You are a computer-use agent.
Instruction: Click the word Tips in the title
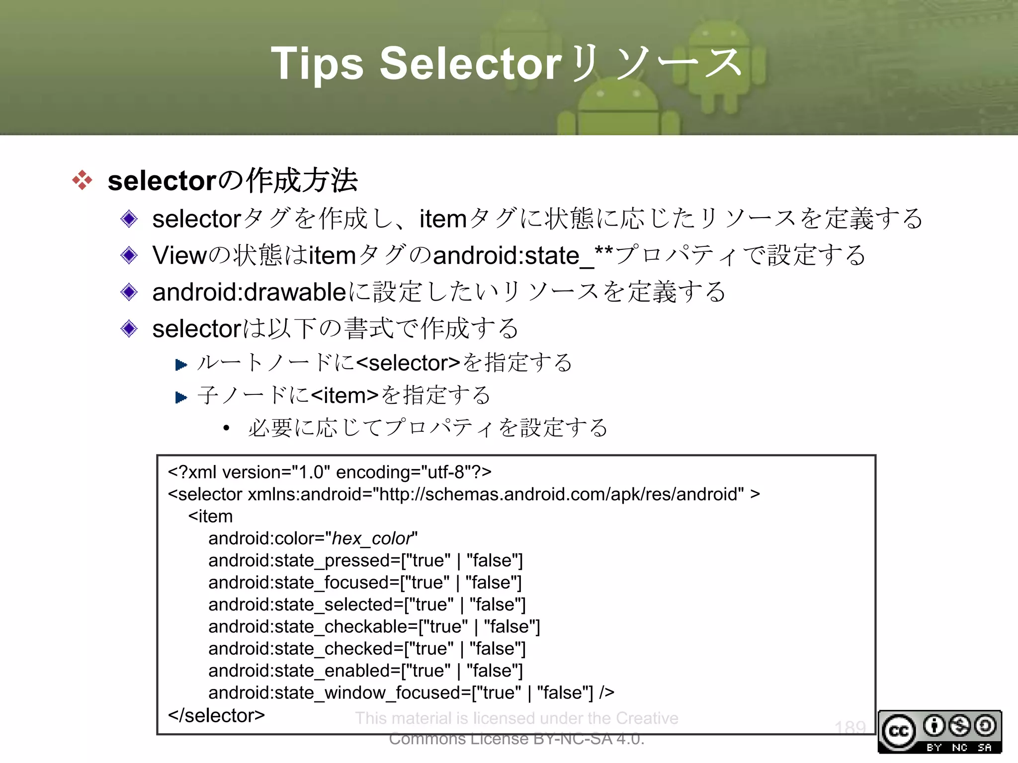(x=317, y=64)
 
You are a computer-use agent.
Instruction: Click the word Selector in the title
(x=470, y=64)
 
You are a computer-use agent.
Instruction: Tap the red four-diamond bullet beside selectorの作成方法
(x=83, y=180)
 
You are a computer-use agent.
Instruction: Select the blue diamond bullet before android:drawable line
(x=129, y=292)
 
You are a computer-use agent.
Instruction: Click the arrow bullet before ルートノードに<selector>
(x=181, y=365)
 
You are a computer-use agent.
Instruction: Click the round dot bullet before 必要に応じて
(x=227, y=428)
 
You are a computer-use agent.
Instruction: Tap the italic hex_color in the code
(x=372, y=538)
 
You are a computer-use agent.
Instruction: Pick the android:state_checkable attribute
(x=312, y=627)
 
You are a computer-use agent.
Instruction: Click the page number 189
(x=850, y=728)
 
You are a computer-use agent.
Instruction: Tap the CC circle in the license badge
(x=899, y=731)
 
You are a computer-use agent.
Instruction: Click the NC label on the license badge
(x=959, y=748)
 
